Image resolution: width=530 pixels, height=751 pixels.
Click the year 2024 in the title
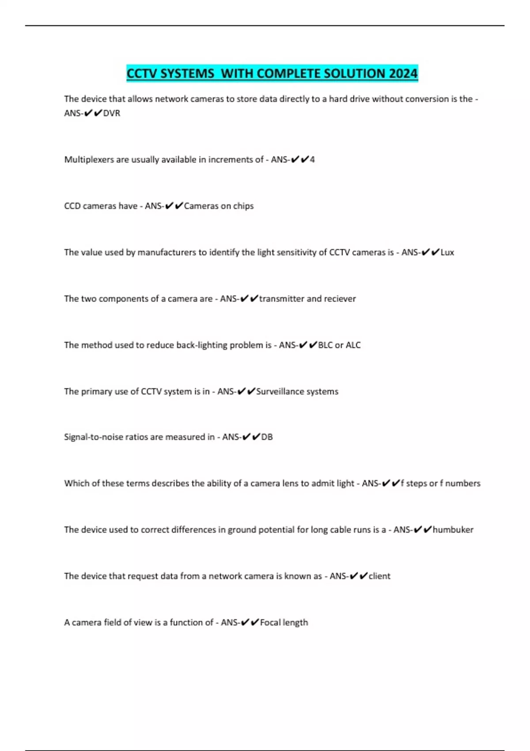403,73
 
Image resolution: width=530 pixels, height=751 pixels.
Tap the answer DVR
112,113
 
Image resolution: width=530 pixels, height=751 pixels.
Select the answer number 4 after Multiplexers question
312,159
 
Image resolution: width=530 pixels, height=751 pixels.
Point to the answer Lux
447,252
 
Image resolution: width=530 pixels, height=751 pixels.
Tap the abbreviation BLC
326,345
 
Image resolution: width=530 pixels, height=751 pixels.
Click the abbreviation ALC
353,345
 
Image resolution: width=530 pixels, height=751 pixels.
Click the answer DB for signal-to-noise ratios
267,437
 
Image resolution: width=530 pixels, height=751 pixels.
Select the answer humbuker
453,530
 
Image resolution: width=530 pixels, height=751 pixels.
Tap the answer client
379,576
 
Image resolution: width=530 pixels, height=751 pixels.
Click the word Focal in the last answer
270,622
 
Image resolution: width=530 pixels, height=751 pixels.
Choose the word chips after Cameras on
243,206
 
